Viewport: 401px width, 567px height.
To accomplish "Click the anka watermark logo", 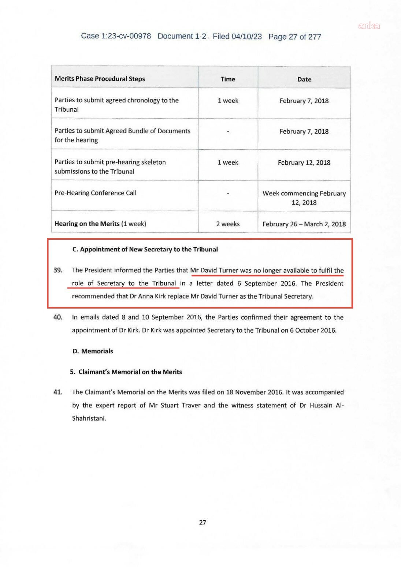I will [369, 26].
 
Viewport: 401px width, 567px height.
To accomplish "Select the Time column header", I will [228, 79].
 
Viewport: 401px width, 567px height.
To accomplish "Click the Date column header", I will [304, 79].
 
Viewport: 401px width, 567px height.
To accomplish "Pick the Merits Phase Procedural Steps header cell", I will [100, 79].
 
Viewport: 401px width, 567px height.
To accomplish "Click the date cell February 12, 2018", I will [304, 163].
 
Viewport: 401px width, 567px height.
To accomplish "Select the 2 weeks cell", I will [228, 224].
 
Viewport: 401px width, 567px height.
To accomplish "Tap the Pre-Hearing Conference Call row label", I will [96, 193].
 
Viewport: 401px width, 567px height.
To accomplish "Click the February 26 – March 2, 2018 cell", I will [304, 224].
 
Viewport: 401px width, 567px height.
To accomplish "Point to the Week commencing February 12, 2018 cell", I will [304, 198].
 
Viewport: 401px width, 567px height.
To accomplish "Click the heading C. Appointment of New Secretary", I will [145, 249].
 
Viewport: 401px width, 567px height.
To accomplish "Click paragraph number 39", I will [58, 270].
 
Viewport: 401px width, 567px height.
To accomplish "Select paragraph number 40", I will [58, 317].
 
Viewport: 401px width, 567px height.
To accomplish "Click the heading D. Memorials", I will [93, 351].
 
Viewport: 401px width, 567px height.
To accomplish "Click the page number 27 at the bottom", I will [203, 523].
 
